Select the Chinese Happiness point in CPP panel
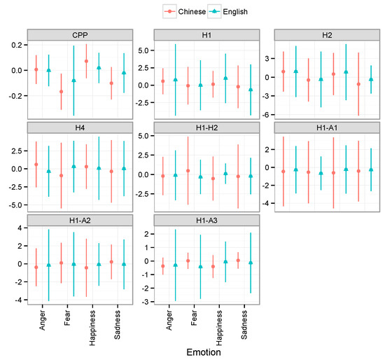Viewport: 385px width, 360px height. [86, 62]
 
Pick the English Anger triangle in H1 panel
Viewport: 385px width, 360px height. [175, 80]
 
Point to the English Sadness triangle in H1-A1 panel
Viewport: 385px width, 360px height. [371, 169]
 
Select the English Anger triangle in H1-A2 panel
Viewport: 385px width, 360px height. [48, 265]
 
